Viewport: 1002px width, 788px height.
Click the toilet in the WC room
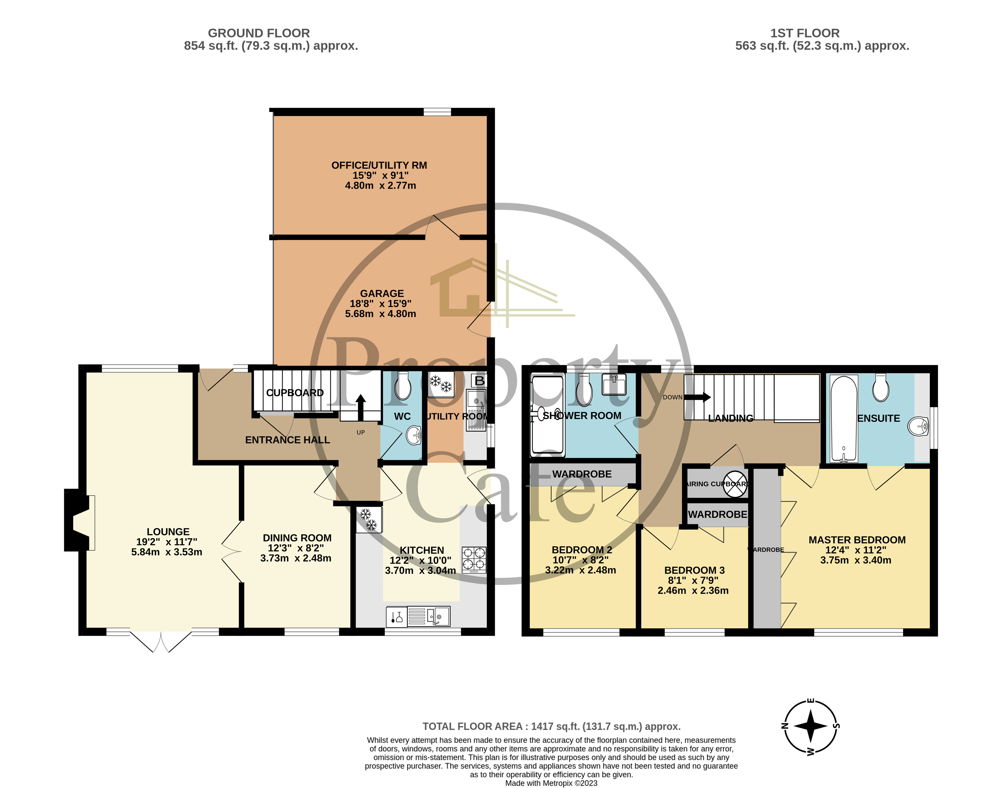(x=403, y=387)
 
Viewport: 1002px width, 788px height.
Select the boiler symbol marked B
(x=479, y=381)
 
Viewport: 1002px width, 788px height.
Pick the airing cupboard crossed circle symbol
(x=735, y=484)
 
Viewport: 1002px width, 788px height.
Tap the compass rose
(x=810, y=726)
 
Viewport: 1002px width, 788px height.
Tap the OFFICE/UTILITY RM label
(x=379, y=165)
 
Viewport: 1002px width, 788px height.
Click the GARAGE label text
(x=382, y=294)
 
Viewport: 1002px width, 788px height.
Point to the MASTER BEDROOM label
(x=857, y=540)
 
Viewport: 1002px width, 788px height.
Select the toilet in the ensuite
(x=881, y=389)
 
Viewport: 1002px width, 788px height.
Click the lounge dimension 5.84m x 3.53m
(x=167, y=552)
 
